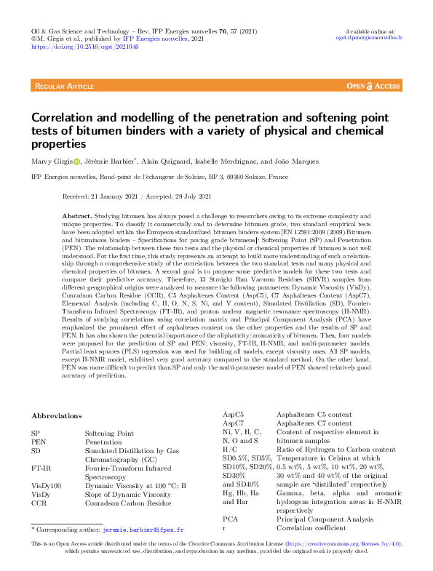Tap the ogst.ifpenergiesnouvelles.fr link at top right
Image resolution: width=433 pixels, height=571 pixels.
pos(370,39)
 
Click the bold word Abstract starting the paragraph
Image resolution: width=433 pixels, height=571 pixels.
pos(77,217)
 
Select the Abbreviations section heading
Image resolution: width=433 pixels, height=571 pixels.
pos(57,415)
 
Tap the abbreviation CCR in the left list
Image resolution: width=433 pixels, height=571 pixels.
pos(39,503)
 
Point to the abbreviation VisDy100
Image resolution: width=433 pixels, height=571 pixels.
pos(47,485)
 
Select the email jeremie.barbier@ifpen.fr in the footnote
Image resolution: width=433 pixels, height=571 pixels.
pos(143,531)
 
